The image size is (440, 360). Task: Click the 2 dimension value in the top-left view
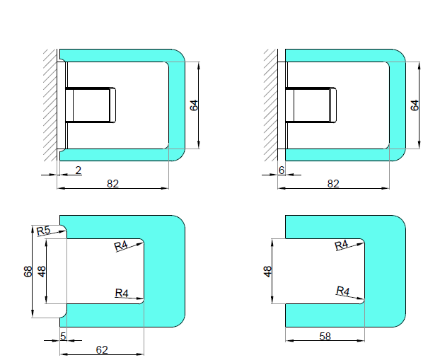tap(79, 170)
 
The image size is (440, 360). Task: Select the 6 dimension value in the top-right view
tap(282, 170)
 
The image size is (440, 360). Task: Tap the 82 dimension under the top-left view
tap(112, 183)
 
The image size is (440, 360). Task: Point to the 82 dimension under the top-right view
tap(333, 183)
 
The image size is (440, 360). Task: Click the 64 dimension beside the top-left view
tap(195, 105)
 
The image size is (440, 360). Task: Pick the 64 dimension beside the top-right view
tap(415, 105)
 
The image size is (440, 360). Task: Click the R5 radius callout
tap(43, 231)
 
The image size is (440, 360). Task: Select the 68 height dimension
tap(28, 272)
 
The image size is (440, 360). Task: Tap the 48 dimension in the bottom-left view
tap(42, 272)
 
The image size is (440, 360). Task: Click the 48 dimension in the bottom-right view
tap(268, 272)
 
